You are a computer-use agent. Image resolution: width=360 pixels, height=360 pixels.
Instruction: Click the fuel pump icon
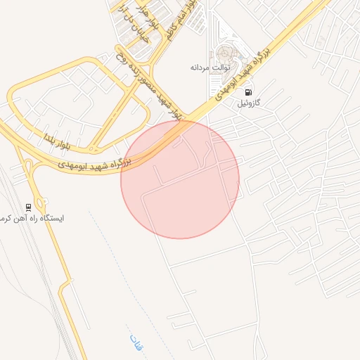pos(247,92)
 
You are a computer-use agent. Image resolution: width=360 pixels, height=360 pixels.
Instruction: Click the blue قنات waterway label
pos(136,342)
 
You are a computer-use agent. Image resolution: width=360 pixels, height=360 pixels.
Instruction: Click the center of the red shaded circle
pos(180,179)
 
